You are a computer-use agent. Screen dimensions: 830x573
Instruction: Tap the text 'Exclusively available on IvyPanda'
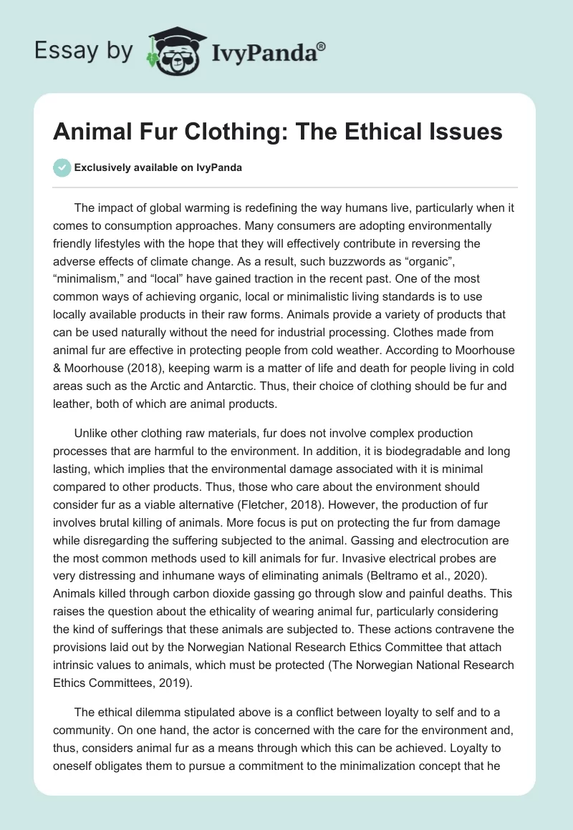coord(158,167)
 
